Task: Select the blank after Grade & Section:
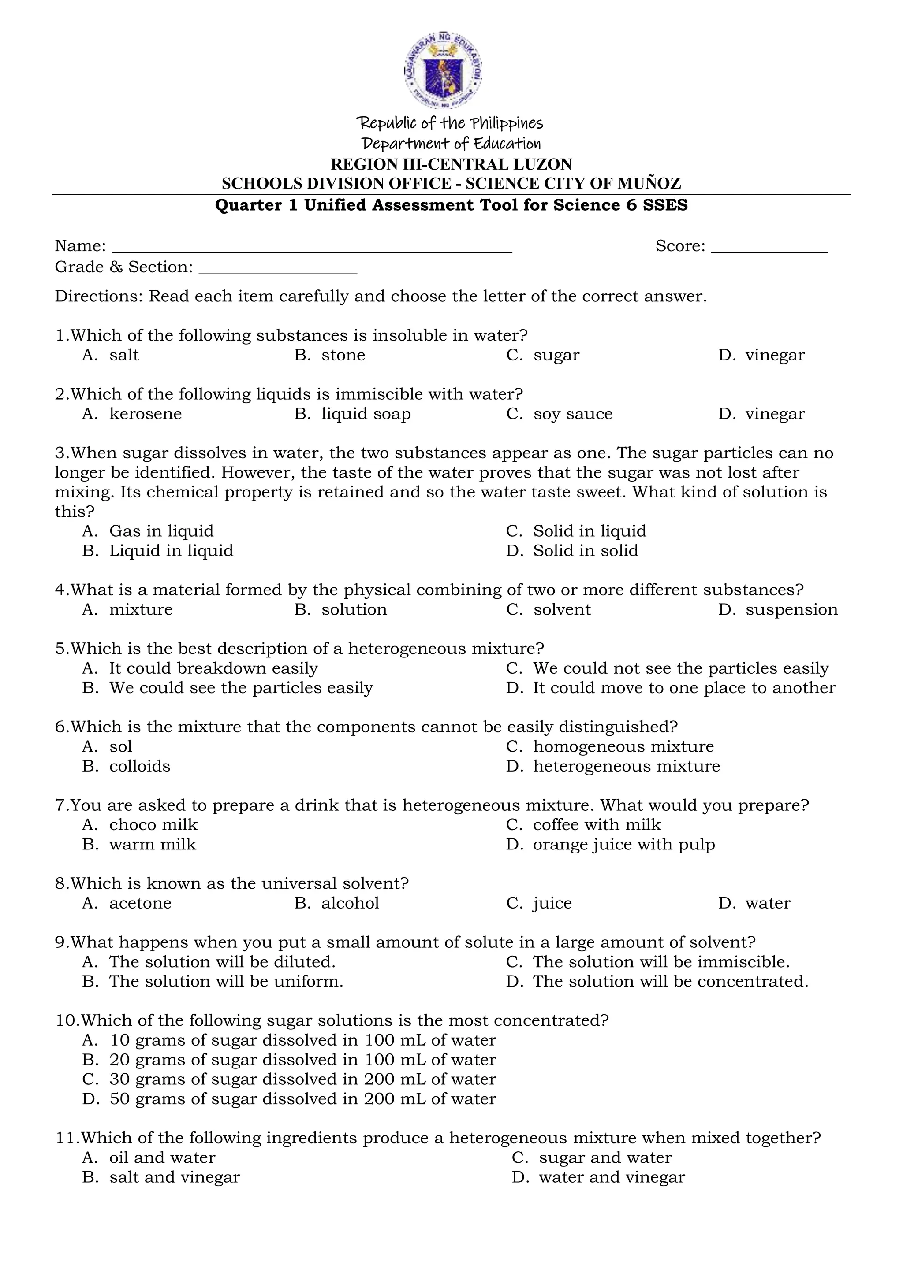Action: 277,269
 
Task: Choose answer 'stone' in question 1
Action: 343,355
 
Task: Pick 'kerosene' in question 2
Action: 145,414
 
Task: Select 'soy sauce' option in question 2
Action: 572,414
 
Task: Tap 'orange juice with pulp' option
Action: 623,845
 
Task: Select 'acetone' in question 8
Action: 140,903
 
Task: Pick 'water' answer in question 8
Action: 767,903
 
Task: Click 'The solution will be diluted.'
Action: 222,962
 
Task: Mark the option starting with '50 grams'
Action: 302,1099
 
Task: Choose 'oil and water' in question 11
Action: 162,1157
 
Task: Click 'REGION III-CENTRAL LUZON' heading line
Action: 451,164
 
